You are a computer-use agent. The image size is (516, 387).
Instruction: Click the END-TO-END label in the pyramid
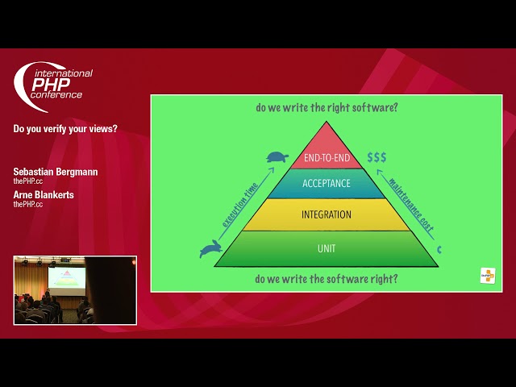(327, 158)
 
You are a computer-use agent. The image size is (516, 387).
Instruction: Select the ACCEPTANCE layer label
(327, 183)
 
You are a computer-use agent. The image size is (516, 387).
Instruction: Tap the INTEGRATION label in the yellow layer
(327, 215)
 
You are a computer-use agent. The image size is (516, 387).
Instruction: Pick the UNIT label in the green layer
(327, 248)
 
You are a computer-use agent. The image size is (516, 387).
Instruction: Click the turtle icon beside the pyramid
(277, 157)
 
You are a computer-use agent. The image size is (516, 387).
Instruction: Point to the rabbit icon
(210, 248)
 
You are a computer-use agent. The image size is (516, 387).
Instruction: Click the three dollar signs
(377, 157)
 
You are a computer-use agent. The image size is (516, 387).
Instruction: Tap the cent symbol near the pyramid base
(439, 249)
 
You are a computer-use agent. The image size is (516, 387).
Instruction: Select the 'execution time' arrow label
(240, 206)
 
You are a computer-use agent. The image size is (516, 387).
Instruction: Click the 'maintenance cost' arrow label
(411, 205)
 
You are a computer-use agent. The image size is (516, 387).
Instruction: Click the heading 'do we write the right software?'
(327, 107)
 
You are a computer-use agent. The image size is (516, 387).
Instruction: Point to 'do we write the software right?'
(327, 279)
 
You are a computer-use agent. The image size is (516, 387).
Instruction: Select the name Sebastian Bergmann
(56, 172)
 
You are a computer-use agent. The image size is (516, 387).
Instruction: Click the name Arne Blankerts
(44, 195)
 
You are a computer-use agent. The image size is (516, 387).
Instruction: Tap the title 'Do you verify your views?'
(65, 129)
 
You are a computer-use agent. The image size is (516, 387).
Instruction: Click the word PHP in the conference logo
(51, 85)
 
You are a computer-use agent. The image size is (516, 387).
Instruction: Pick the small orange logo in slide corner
(488, 275)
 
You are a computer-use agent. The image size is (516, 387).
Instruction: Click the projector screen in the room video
(66, 281)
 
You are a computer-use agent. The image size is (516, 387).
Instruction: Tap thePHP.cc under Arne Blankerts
(28, 204)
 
